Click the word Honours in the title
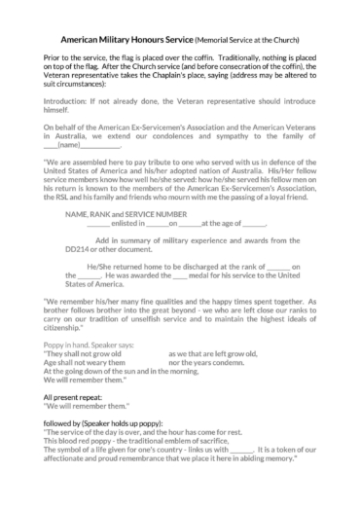point(150,42)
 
